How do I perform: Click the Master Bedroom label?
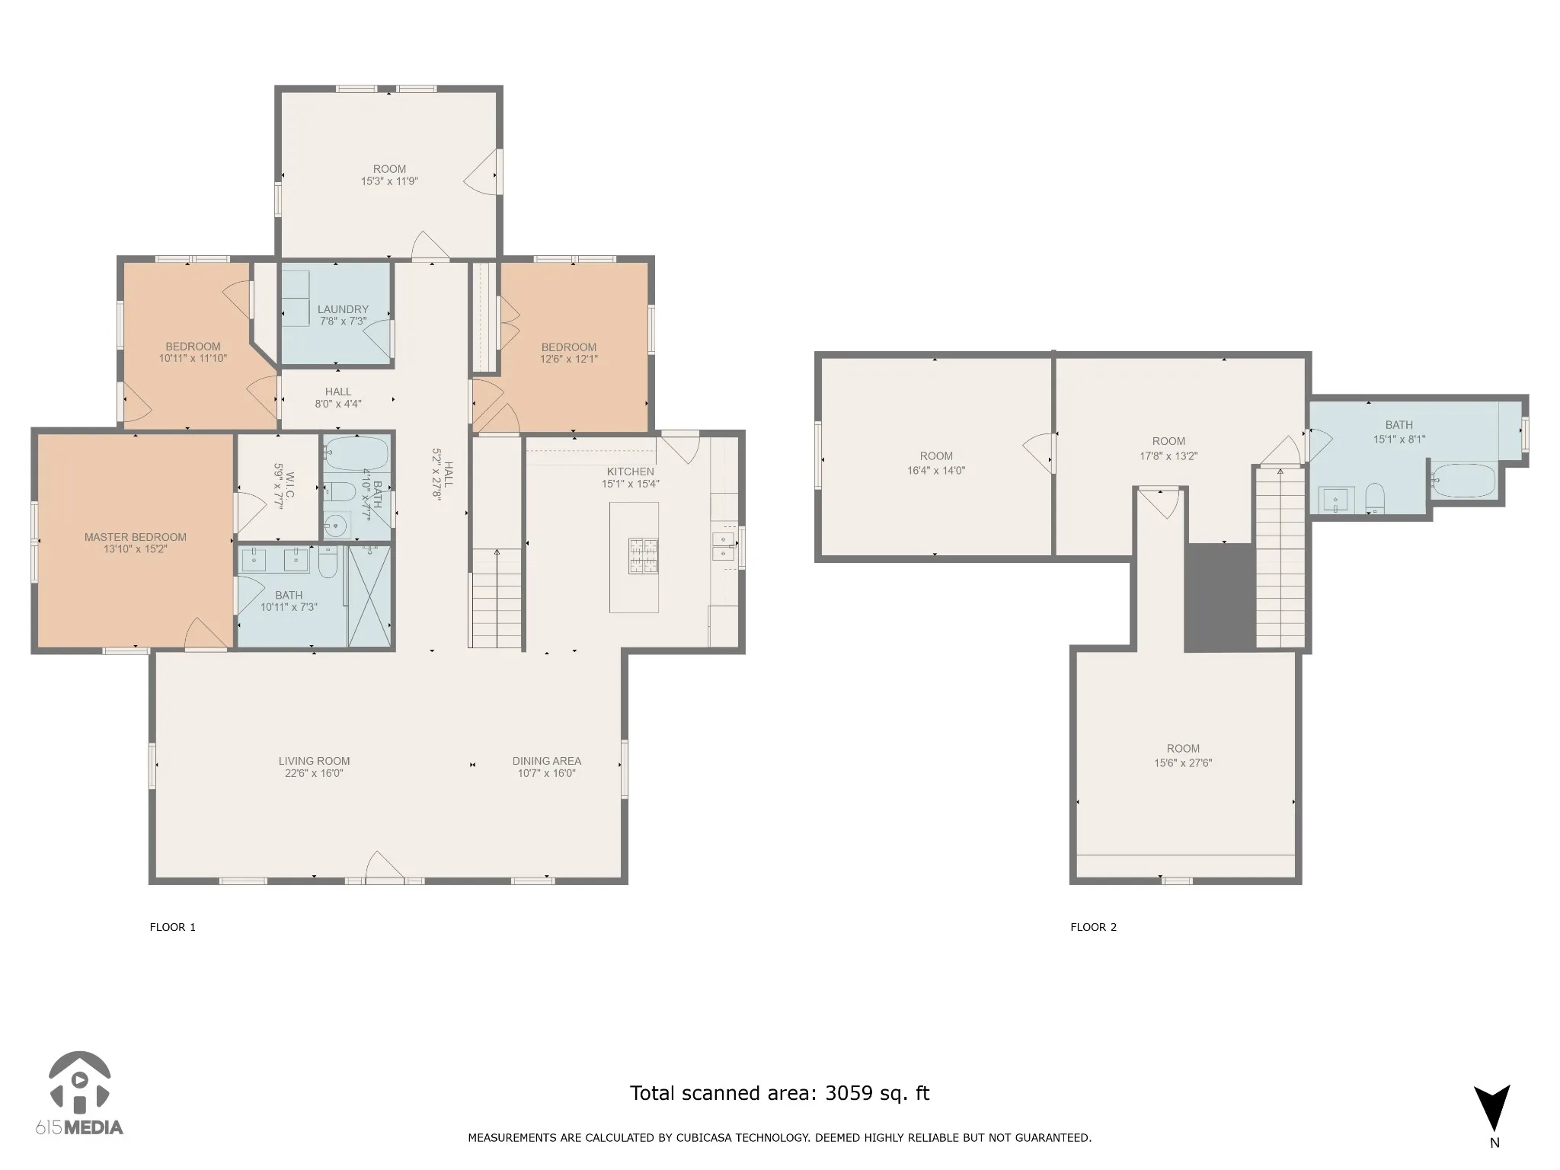pos(136,537)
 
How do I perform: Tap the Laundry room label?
pos(343,309)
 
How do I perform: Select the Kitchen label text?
pos(631,472)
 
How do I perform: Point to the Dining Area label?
pos(547,761)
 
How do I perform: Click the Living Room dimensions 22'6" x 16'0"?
pos(314,773)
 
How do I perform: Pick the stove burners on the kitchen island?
pos(643,555)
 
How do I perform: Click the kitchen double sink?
pos(723,545)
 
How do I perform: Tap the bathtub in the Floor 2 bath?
pos(1463,481)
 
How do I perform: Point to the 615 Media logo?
pos(79,1094)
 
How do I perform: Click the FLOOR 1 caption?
pos(173,927)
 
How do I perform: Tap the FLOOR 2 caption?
pos(1093,927)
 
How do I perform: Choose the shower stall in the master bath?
pos(369,596)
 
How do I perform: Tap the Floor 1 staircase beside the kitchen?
pos(497,598)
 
